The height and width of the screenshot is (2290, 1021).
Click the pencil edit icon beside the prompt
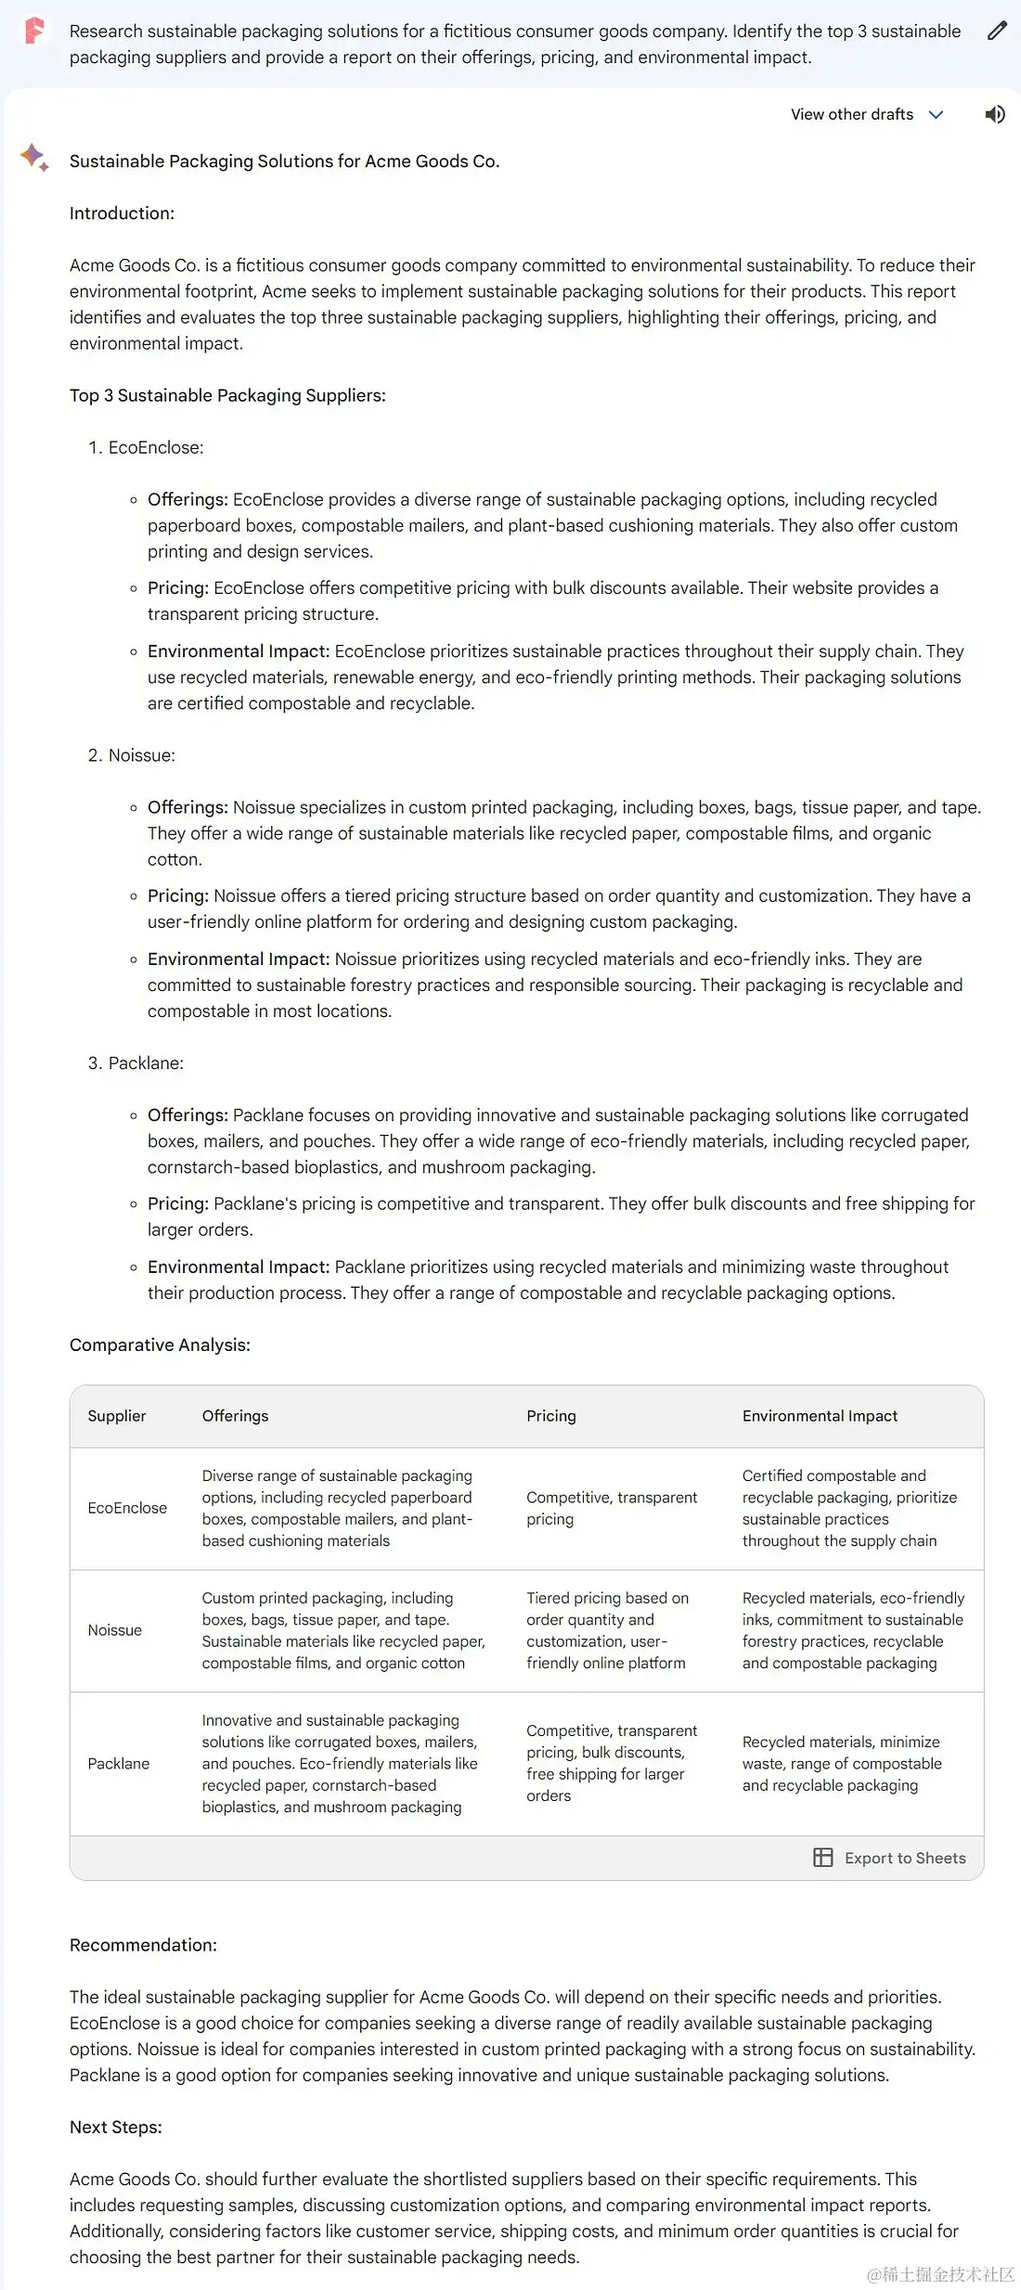[x=997, y=32]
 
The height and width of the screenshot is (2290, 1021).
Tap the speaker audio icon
[x=995, y=114]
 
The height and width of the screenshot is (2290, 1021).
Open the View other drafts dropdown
[x=866, y=114]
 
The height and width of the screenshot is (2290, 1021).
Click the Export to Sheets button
[x=890, y=1858]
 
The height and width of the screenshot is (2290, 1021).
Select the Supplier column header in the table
[x=117, y=1416]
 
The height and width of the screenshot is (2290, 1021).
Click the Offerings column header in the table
[x=235, y=1416]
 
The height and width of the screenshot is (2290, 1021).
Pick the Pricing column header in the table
[x=551, y=1416]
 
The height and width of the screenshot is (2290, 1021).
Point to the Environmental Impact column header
[x=820, y=1416]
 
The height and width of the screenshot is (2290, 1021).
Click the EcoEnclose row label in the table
[x=127, y=1508]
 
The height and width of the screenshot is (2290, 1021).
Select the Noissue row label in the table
[x=115, y=1630]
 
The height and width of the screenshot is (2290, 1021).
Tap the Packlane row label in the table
[x=119, y=1764]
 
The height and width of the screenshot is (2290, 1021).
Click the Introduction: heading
[x=122, y=213]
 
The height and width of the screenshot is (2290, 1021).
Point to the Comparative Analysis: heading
[x=160, y=1345]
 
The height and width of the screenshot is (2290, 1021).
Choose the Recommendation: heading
[x=143, y=1945]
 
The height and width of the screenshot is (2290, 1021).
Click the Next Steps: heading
[x=116, y=2127]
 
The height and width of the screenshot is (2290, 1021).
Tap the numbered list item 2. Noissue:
[x=132, y=755]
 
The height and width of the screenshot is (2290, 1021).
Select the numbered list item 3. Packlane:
[x=136, y=1063]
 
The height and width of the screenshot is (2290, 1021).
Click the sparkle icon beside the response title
[x=34, y=158]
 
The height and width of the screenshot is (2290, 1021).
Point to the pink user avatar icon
[x=34, y=32]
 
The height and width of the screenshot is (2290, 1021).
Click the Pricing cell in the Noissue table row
[x=608, y=1630]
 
